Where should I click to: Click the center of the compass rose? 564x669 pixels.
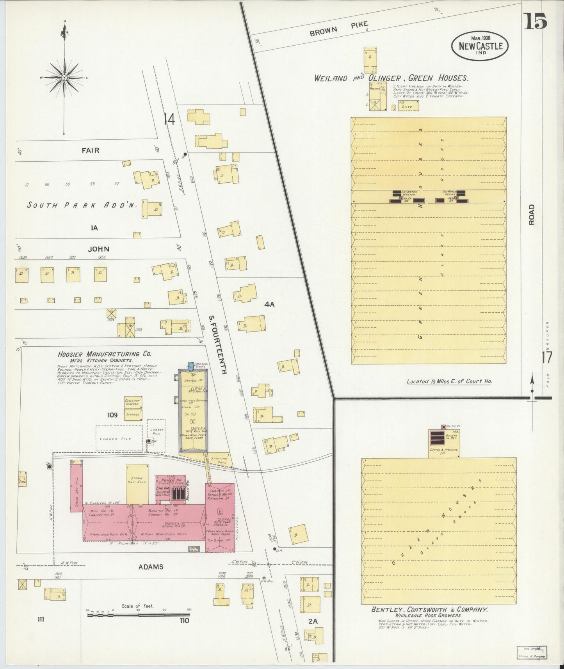[x=64, y=78]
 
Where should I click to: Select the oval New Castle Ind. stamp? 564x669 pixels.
[x=480, y=46]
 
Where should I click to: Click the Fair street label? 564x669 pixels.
[x=91, y=150]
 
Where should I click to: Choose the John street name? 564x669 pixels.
[x=98, y=249]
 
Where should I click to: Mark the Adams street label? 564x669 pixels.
[x=150, y=567]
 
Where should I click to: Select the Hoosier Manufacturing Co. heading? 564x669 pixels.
[x=104, y=354]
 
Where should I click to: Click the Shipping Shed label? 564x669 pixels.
[x=219, y=461]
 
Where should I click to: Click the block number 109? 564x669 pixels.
[x=113, y=415]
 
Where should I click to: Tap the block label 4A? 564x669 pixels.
[x=270, y=304]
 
